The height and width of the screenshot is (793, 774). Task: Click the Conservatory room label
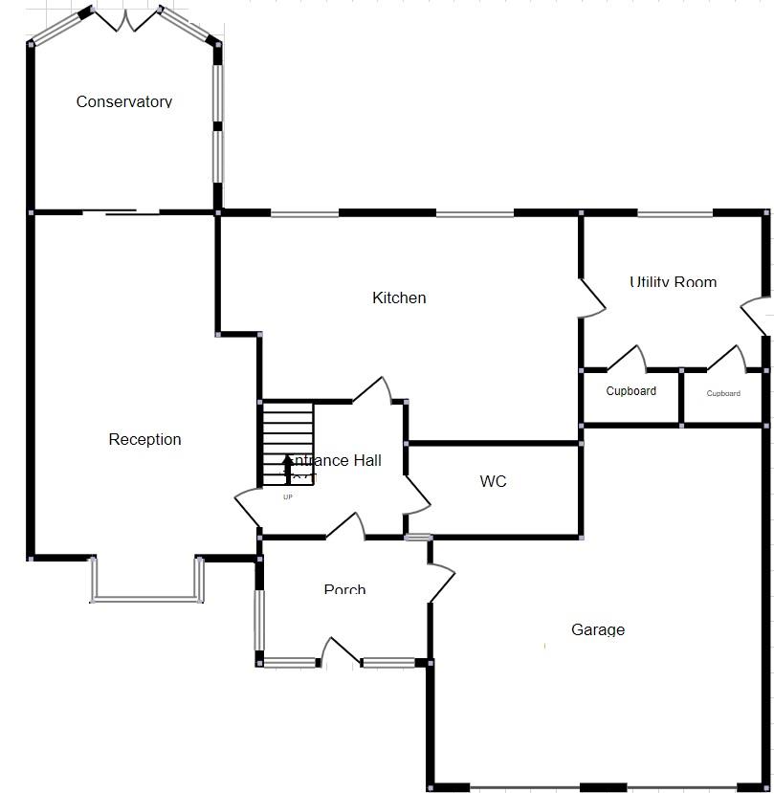(124, 101)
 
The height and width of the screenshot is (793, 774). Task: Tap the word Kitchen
(399, 297)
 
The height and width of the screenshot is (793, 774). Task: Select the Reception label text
(144, 439)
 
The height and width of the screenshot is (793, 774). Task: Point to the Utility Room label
(673, 282)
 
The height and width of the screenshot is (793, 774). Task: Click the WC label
(493, 481)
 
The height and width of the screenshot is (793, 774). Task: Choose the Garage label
(598, 629)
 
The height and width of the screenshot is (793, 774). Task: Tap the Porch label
(344, 589)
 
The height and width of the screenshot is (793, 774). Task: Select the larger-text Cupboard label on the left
(630, 391)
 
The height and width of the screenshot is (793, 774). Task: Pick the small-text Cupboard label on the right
(723, 393)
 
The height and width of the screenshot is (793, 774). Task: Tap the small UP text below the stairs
(287, 496)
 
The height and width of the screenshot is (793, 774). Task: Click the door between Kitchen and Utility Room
(593, 297)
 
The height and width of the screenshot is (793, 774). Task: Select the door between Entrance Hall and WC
(418, 495)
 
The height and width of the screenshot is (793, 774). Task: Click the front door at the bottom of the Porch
(340, 650)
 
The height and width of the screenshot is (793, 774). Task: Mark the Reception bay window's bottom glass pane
(147, 600)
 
